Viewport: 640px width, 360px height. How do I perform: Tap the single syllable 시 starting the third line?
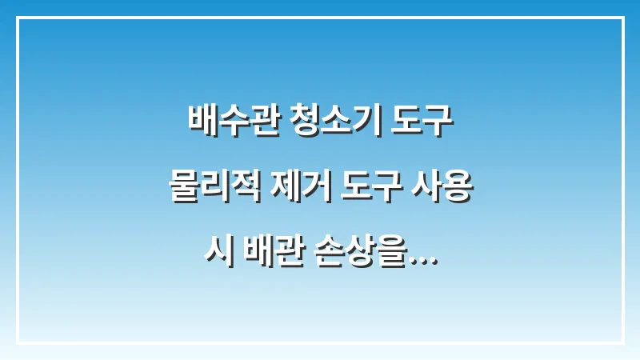point(214,258)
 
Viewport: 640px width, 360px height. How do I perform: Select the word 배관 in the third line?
point(270,258)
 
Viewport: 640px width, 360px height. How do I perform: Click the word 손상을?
point(369,258)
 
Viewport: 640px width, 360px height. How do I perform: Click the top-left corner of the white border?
point(18,18)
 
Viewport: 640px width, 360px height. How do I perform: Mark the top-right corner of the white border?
point(622,18)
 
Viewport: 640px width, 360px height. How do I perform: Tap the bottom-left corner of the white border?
point(18,342)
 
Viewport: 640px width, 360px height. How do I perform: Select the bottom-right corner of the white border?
point(622,342)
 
